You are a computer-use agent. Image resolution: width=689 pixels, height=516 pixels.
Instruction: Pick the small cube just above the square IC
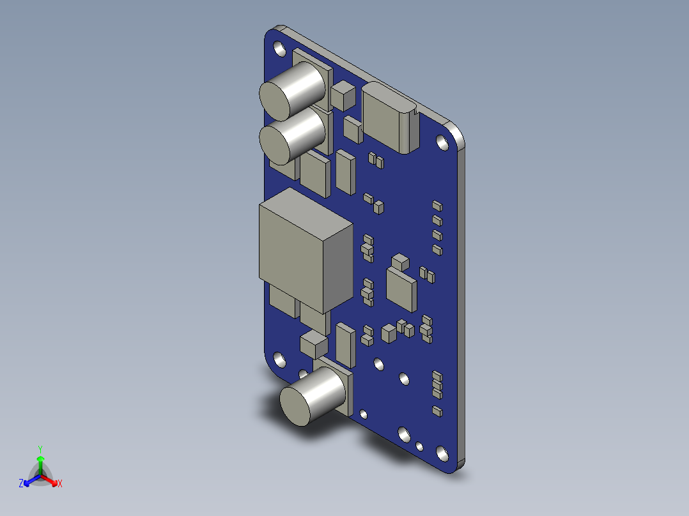tap(400, 261)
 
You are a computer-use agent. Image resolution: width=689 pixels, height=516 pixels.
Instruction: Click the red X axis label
tap(60, 484)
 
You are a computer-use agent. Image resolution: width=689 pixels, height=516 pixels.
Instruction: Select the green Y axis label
tap(40, 449)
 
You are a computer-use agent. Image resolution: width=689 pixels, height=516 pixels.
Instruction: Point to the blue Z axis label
tap(21, 484)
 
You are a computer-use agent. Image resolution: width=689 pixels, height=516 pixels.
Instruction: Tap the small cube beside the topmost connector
tap(343, 96)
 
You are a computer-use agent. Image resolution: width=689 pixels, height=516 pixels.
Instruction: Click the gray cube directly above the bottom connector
tap(313, 344)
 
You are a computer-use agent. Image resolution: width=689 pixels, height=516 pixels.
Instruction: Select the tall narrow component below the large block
tap(344, 344)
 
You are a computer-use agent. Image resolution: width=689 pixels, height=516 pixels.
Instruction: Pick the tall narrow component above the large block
tap(345, 171)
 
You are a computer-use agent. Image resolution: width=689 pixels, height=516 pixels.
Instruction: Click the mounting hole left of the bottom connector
tap(279, 358)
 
